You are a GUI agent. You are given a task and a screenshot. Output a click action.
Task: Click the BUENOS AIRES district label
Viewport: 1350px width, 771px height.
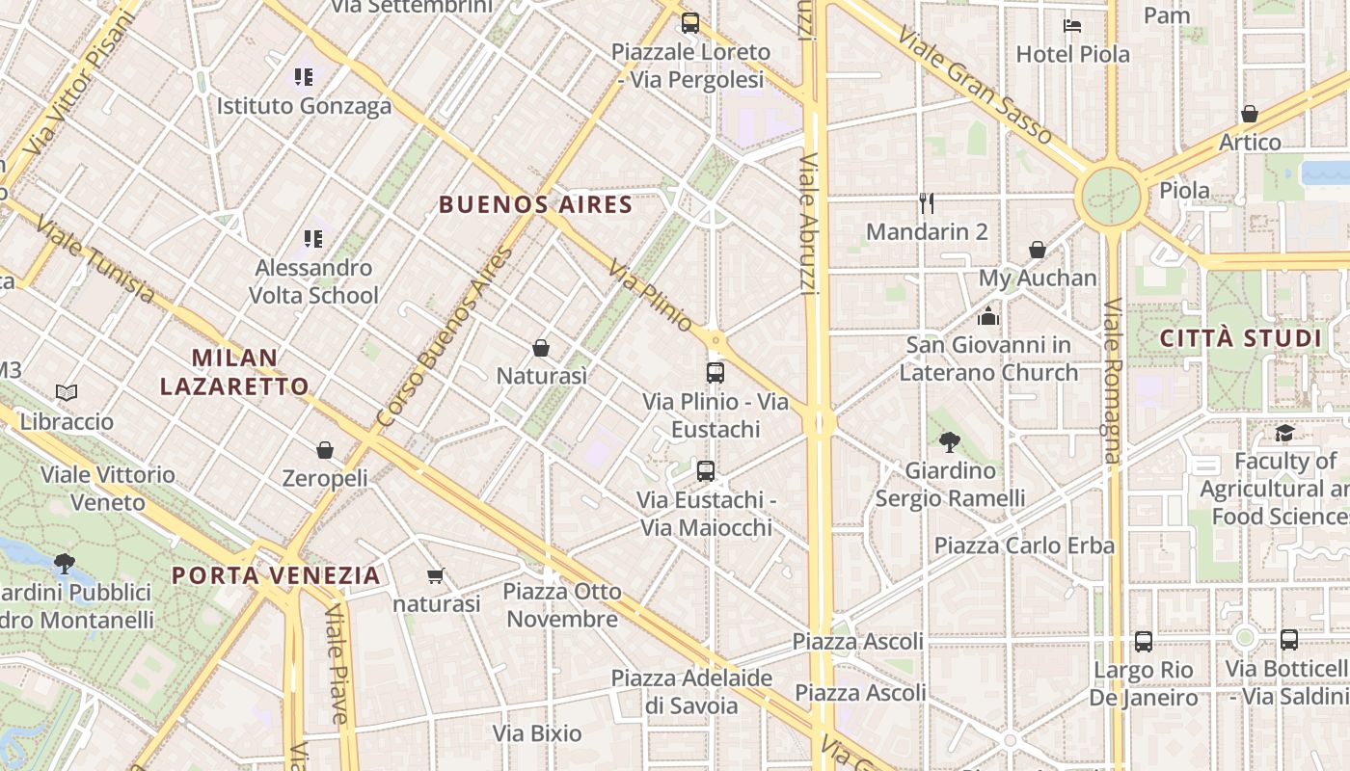[x=535, y=204]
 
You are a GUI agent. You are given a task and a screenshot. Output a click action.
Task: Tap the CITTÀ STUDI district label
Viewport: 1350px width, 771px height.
[x=1240, y=338]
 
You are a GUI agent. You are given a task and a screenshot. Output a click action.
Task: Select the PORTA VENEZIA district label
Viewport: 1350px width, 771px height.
[x=276, y=575]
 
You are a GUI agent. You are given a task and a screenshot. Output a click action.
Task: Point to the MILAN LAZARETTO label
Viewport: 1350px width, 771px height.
[x=234, y=372]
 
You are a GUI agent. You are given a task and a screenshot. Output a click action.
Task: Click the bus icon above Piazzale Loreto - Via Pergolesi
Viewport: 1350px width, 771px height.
[x=690, y=23]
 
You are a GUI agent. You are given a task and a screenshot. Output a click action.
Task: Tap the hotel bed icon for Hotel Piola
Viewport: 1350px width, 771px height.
[x=1072, y=25]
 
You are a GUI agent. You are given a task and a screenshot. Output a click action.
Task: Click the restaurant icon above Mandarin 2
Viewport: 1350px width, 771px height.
[x=927, y=202]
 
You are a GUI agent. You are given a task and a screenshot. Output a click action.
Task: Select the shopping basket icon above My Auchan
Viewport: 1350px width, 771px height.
[x=1038, y=250]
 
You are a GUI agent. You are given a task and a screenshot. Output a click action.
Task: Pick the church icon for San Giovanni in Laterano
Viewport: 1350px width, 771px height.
[x=987, y=316]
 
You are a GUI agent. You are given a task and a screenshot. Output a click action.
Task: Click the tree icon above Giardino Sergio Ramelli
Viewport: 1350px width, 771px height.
[x=950, y=441]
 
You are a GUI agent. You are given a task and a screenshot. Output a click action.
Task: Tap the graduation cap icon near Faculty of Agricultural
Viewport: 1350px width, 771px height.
[x=1284, y=433]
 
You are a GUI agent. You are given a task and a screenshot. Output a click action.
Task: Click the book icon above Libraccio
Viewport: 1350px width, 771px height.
[x=67, y=392]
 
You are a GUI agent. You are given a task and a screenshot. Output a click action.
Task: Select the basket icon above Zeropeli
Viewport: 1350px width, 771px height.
[x=325, y=450]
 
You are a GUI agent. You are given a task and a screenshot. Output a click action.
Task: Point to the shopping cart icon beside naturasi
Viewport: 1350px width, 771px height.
[x=435, y=575]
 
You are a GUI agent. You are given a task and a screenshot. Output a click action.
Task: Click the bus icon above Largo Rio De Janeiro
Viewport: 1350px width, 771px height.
[x=1144, y=641]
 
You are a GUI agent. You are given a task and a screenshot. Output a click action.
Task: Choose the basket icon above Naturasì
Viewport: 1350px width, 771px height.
[x=541, y=347]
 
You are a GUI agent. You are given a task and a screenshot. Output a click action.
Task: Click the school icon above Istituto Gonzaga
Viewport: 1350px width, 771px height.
[x=305, y=76]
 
